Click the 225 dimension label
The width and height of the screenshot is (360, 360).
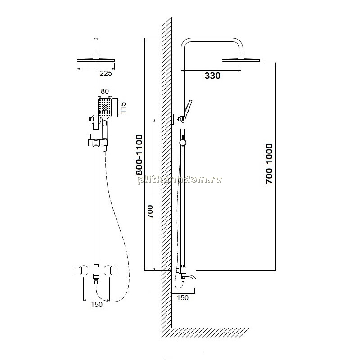point(106,73)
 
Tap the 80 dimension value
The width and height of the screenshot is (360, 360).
point(105,91)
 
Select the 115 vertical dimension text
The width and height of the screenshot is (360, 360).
point(123,108)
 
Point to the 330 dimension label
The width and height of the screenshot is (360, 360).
point(212,76)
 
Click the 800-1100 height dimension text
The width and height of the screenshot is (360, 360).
point(139,155)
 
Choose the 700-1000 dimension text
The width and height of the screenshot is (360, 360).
point(269,164)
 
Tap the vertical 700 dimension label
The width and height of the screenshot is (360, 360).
point(150,211)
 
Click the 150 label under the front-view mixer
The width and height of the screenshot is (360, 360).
point(97,305)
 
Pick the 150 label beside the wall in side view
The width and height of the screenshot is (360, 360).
point(183,297)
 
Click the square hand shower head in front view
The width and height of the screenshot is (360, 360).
point(105,107)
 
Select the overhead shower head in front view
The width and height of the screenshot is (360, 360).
point(96,60)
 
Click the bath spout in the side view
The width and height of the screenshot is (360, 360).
point(191,276)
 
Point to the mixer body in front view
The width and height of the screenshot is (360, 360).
point(96,270)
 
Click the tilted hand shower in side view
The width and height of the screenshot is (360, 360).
point(187,108)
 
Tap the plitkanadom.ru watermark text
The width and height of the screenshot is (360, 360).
point(180,180)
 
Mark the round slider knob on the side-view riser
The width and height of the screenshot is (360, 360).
point(183,143)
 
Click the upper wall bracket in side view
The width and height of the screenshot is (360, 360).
point(176,119)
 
